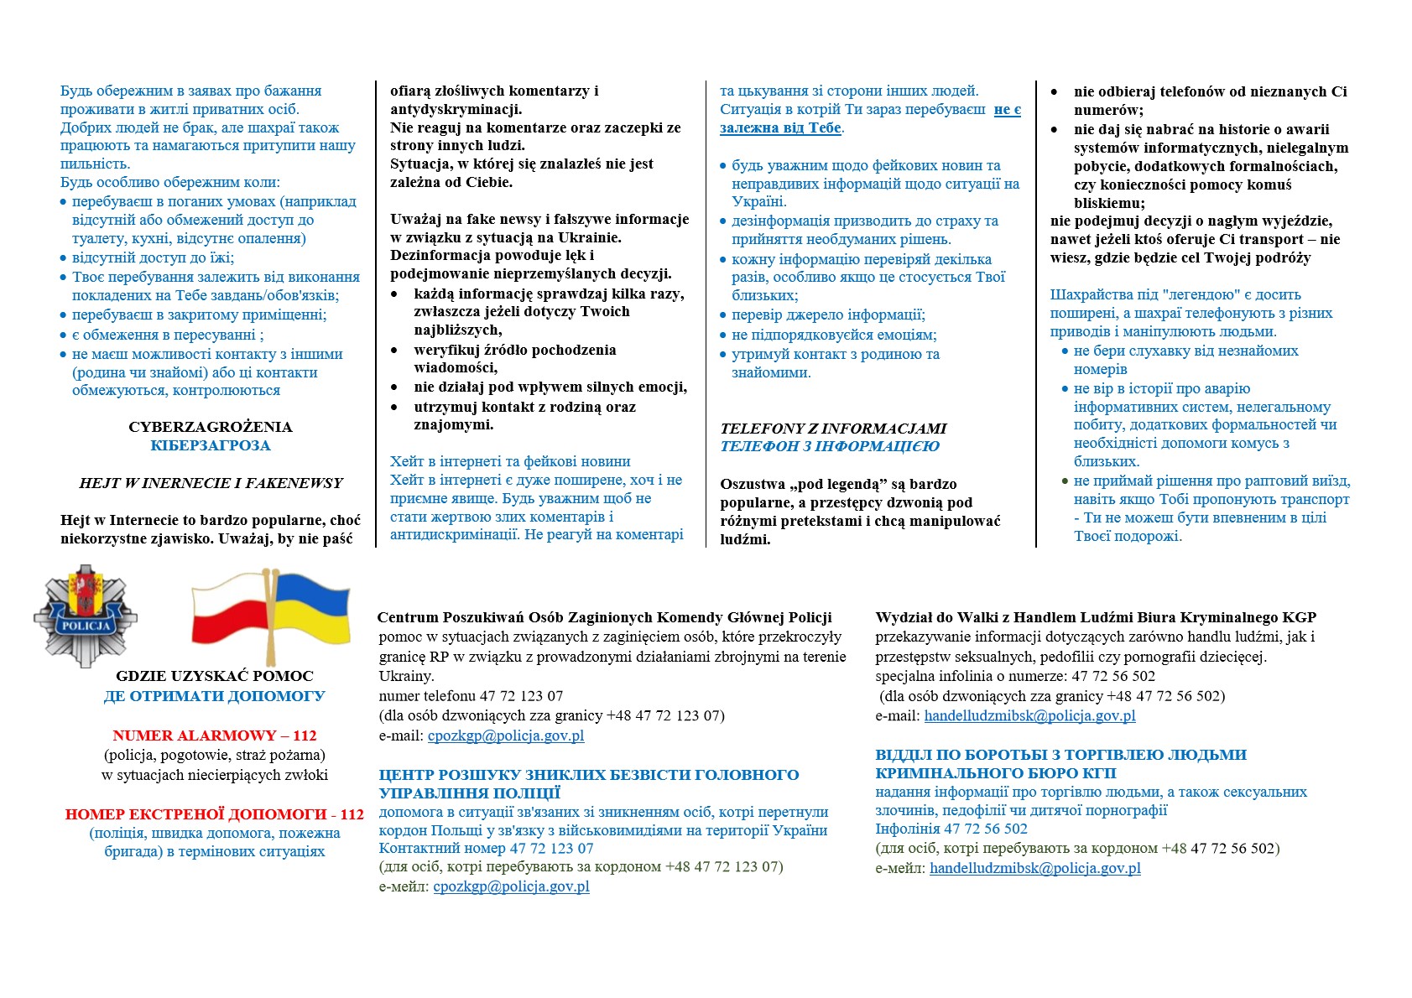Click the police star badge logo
coord(85,616)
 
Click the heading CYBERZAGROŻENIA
coord(211,427)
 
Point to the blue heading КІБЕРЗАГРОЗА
coord(211,445)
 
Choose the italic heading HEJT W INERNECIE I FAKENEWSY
coord(211,483)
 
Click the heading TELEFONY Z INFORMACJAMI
coord(833,429)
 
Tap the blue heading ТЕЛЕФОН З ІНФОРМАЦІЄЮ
coord(830,446)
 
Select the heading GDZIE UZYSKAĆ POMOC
coord(215,676)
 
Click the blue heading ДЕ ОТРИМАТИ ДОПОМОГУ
coord(215,696)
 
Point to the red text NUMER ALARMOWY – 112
coord(215,736)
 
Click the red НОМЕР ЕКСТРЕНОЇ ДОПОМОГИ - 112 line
coord(215,814)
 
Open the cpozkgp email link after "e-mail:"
coord(506,736)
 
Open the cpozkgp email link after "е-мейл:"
coord(511,886)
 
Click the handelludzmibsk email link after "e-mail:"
coord(1029,715)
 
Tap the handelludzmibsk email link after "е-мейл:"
coord(1034,868)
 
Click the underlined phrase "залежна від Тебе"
coord(780,128)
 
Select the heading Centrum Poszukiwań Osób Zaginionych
coord(604,617)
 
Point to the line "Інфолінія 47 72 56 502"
coord(951,829)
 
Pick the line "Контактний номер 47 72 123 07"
coord(486,848)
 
